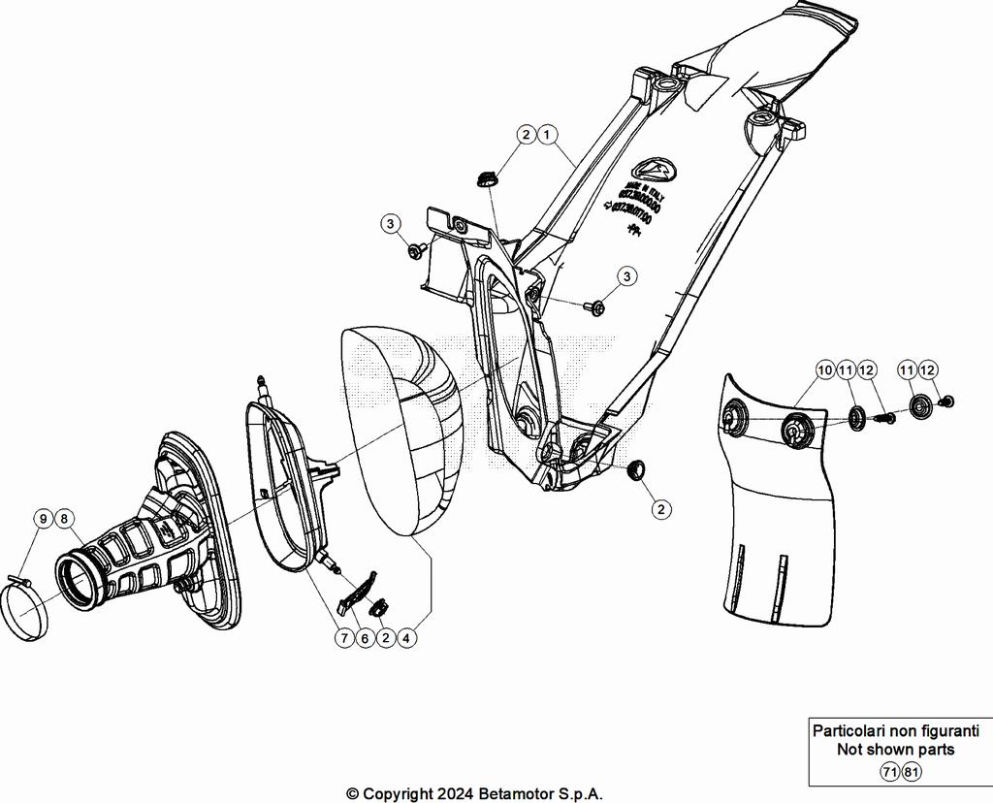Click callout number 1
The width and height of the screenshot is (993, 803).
548,135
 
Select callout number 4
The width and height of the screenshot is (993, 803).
408,638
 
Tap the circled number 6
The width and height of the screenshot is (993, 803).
365,638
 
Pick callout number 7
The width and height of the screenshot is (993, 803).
343,638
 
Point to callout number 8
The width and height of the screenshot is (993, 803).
65,519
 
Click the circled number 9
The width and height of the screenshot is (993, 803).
44,519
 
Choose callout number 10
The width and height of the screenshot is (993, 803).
825,369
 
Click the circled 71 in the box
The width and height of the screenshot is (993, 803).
889,772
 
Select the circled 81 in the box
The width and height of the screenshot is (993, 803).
912,772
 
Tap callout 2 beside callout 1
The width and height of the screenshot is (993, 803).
526,135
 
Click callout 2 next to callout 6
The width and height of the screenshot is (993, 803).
386,638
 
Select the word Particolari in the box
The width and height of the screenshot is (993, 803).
849,730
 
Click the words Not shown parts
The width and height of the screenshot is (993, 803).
895,750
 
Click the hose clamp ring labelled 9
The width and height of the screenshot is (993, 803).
25,611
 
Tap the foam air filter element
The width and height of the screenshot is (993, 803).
402,427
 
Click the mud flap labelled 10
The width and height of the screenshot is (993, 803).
776,524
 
